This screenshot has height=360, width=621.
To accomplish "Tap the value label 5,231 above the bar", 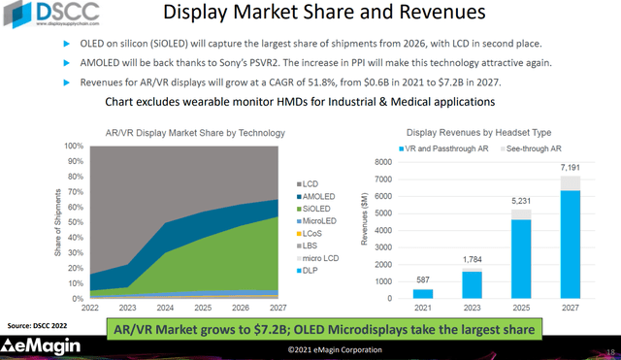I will tap(522, 201).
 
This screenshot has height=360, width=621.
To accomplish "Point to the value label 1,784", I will tap(472, 263).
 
